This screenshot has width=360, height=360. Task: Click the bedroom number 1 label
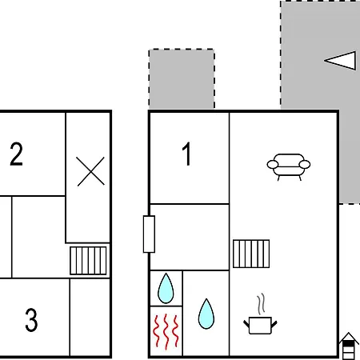[186, 154]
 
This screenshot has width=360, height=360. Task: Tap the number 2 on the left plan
[16, 154]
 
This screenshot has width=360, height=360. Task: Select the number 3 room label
[31, 320]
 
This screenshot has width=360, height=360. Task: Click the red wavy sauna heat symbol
[166, 331]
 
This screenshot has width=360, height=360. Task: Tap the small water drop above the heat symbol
[166, 288]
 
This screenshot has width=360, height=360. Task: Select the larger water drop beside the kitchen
[206, 314]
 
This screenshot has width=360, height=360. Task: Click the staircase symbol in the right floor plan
[251, 254]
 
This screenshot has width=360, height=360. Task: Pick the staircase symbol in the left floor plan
[88, 261]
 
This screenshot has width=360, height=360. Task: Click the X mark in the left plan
[90, 171]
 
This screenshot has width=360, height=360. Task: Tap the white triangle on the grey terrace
[340, 61]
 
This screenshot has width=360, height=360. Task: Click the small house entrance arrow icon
[348, 346]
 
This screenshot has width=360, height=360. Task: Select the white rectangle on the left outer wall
[149, 234]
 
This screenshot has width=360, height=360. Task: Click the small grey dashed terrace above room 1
[182, 79]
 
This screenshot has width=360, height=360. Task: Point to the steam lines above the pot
[262, 303]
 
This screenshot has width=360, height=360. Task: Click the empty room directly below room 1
[190, 237]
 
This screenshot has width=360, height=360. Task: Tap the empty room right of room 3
[90, 318]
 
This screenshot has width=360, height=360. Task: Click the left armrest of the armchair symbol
[273, 164]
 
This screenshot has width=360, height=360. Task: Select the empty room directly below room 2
[38, 237]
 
